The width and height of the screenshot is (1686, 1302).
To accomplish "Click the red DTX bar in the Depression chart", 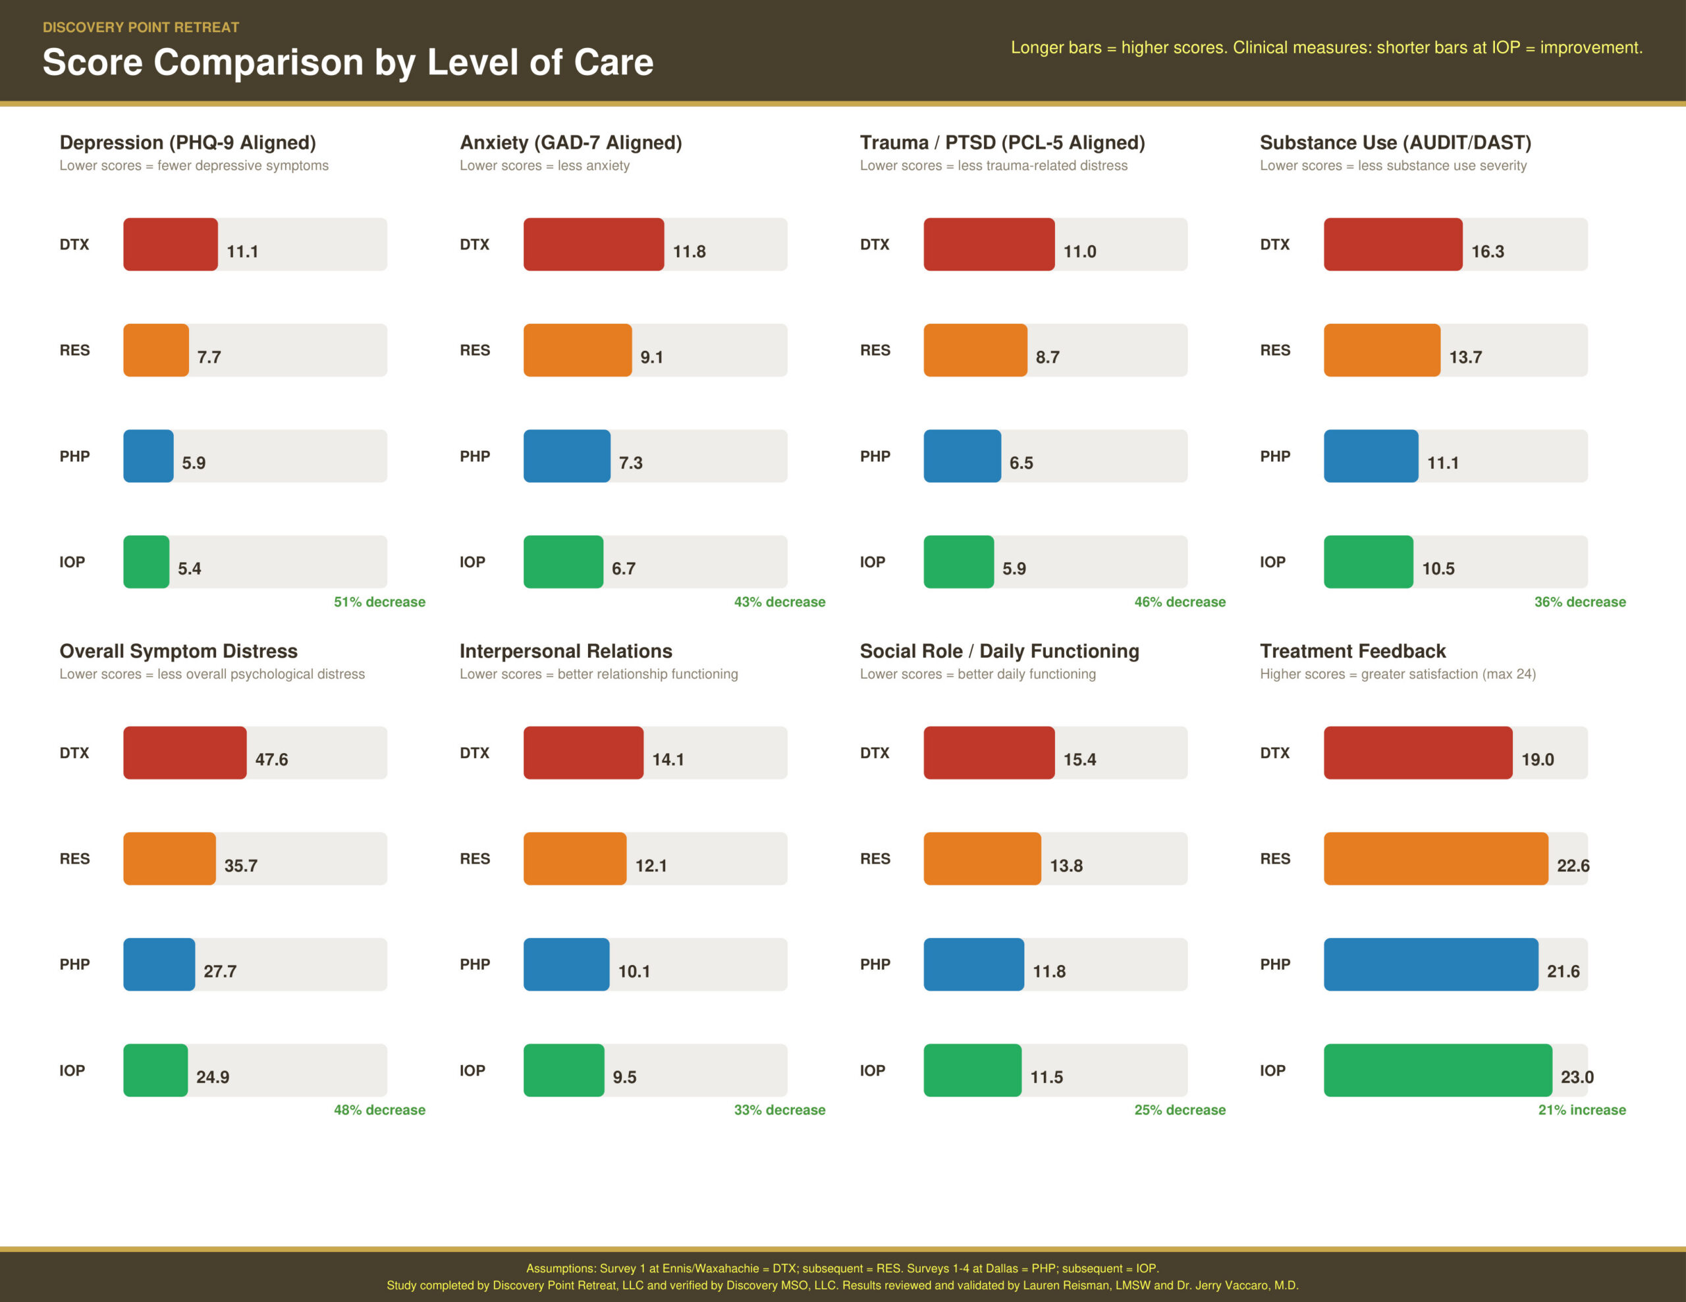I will pos(170,244).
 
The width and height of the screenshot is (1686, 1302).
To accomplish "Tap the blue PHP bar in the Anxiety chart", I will pos(566,456).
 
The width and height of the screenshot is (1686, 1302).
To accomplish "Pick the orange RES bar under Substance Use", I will pos(1381,350).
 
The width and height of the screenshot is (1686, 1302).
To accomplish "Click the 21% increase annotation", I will pos(1581,1110).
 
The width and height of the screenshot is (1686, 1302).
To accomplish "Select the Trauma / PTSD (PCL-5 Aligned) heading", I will pos(1001,143).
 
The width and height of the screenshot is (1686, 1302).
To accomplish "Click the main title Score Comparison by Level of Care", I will pos(347,62).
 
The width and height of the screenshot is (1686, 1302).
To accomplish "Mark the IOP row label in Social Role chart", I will pos(873,1070).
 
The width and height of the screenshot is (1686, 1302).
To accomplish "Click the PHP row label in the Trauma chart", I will pos(875,456).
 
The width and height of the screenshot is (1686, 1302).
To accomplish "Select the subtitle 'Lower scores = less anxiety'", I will pos(544,165).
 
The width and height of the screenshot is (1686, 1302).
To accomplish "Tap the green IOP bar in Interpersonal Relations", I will pos(563,1070).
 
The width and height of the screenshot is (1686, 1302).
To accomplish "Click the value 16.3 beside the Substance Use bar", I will pos(1487,251).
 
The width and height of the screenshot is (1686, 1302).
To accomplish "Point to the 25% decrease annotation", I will pos(1179,1110).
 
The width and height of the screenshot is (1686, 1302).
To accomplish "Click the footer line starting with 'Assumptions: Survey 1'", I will pos(842,1268).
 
